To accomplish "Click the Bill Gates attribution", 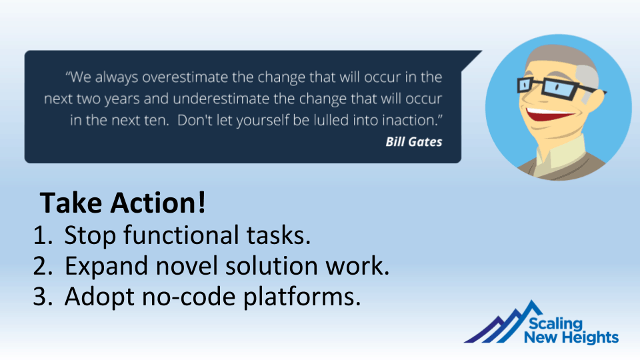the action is coord(414,141).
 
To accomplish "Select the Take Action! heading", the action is coord(123,203).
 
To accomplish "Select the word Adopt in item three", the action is coord(99,297).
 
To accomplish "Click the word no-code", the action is coord(189,297).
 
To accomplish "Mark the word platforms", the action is coord(302,297).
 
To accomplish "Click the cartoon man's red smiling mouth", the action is coord(548,113).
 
